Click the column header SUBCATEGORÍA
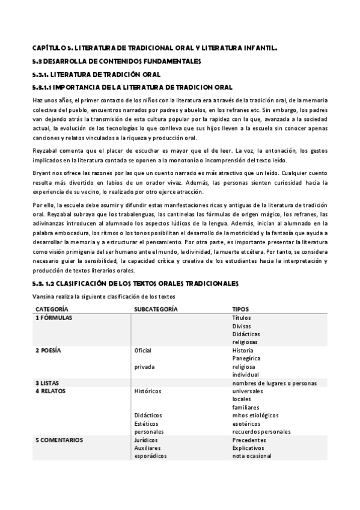156,309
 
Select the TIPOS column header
242,309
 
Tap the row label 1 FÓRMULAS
53,318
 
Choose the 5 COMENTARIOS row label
59,440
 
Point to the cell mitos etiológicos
255,415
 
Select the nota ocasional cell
252,456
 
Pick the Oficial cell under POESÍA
143,350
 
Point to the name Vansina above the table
43,296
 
